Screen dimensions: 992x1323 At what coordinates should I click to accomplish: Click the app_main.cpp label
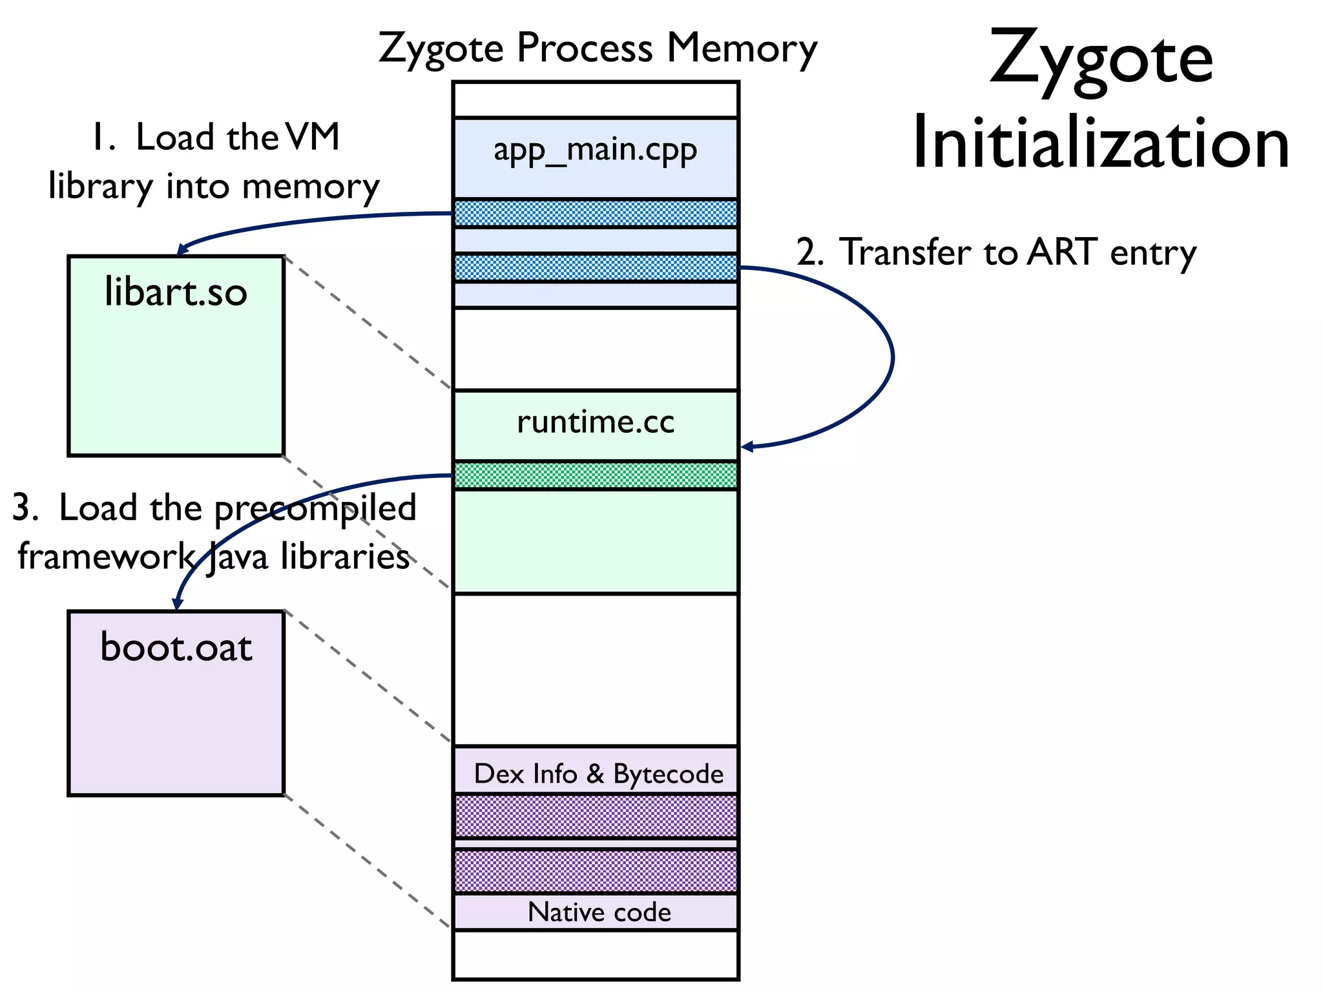click(595, 151)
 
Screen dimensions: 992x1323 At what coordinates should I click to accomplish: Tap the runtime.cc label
click(595, 422)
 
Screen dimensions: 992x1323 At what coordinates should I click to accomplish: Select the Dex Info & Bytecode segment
click(598, 774)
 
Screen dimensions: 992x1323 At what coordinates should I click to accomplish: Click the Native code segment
click(599, 912)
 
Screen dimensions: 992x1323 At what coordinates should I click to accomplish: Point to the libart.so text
click(176, 292)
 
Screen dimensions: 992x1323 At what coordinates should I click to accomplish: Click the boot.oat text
click(176, 647)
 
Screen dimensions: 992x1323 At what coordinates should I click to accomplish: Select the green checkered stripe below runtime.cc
click(595, 475)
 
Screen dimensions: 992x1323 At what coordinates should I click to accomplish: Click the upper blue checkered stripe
click(595, 213)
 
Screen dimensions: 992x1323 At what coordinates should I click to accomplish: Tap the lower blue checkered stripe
click(595, 267)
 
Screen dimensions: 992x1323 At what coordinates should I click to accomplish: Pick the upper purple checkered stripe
click(595, 816)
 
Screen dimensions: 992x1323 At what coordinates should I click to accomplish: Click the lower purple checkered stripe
click(595, 871)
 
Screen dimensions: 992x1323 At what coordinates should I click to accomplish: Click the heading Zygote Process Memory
click(597, 48)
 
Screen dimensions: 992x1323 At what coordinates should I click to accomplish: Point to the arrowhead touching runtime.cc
click(746, 446)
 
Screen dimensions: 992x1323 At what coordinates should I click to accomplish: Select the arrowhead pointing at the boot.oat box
click(177, 604)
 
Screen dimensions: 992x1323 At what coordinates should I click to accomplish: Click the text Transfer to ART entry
click(1017, 252)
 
